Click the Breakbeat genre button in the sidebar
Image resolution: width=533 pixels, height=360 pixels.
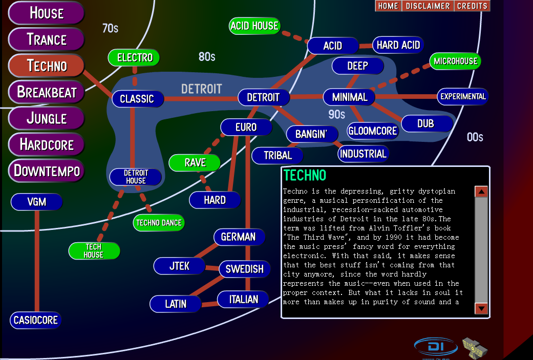[x=46, y=92]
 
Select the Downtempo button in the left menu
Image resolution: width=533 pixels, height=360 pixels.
[x=46, y=171]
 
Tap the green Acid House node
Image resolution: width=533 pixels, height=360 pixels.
[x=254, y=26]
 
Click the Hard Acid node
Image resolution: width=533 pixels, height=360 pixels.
[x=398, y=45]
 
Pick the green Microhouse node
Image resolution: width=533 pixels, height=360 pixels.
[x=455, y=61]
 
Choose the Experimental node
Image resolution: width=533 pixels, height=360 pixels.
[x=462, y=96]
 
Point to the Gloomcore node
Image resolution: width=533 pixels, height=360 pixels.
[x=372, y=131]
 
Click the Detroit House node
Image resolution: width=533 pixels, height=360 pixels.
[x=136, y=177]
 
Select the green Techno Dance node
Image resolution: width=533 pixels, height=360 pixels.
[x=159, y=223]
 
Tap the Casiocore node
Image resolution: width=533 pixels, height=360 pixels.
[x=35, y=321]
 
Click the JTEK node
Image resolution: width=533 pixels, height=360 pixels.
[x=179, y=266]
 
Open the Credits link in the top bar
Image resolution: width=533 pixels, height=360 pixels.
[x=472, y=6]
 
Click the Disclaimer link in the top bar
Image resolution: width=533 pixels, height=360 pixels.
[x=428, y=6]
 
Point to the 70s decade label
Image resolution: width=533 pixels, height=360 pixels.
[x=110, y=29]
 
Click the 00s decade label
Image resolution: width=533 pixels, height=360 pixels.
[x=475, y=137]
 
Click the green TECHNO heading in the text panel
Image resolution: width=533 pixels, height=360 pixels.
[x=305, y=176]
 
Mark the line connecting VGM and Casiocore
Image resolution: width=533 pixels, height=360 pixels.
[x=37, y=261]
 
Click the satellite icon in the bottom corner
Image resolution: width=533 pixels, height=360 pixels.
[x=475, y=349]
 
